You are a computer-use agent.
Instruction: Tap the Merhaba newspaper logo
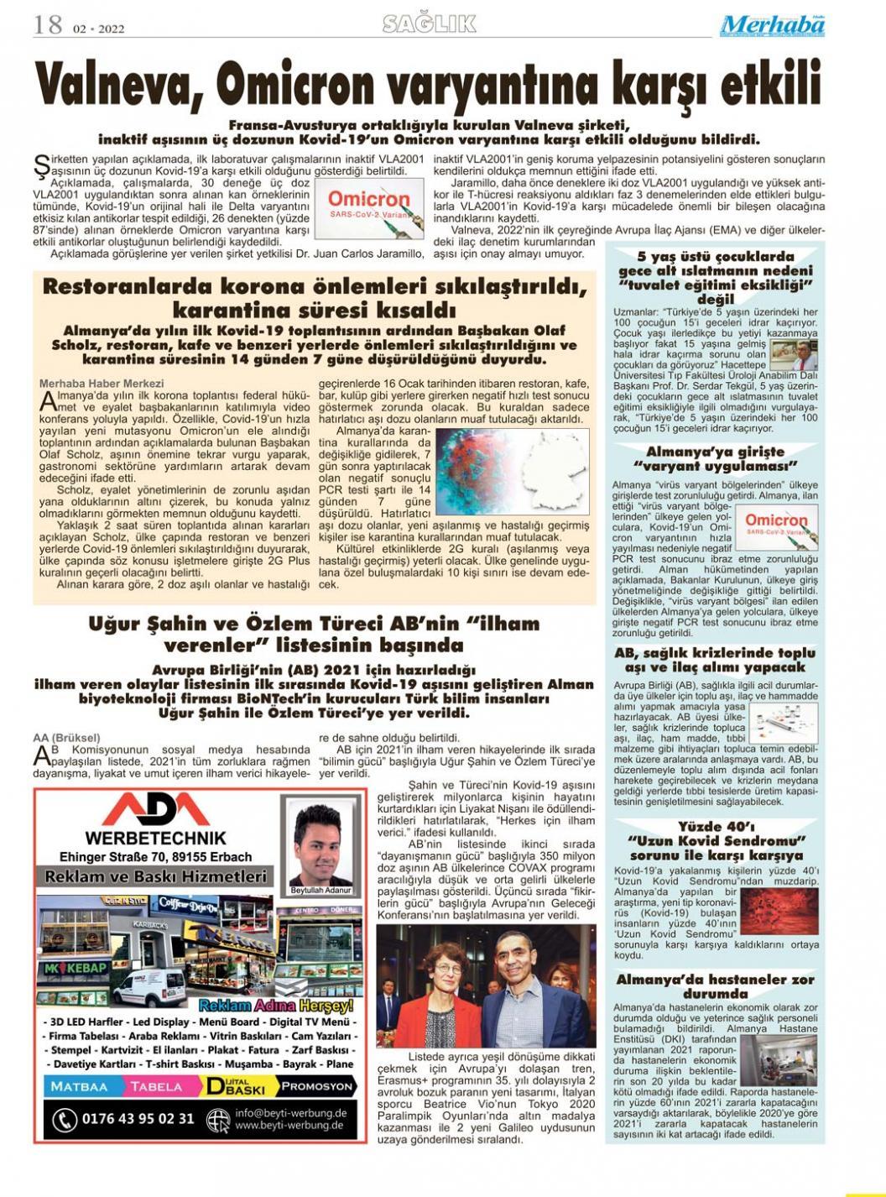772,26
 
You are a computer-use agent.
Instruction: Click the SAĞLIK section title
429,25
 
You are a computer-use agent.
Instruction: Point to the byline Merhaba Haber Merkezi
92,384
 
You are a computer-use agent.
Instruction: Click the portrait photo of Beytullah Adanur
321,846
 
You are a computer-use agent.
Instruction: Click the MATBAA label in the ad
81,1086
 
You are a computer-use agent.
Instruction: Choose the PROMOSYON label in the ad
317,1086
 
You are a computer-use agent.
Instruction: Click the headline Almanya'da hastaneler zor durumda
715,986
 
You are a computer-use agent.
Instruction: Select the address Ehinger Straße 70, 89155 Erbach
155,857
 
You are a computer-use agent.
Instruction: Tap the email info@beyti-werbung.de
290,1113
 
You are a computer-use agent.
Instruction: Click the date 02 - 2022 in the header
98,29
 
